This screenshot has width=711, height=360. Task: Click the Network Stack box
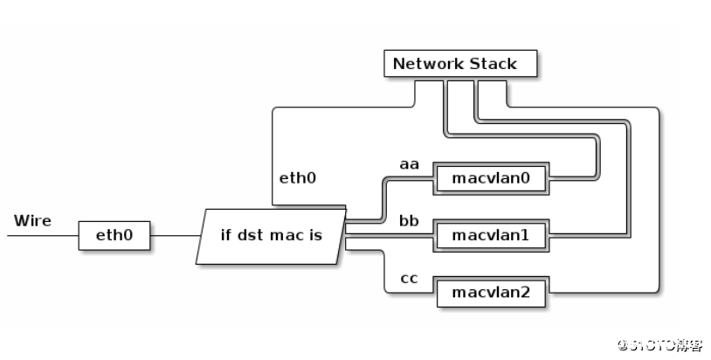tap(460, 64)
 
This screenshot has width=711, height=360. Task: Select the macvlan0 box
tap(491, 178)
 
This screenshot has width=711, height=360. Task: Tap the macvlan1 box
tap(491, 235)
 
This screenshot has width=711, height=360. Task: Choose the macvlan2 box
tap(491, 292)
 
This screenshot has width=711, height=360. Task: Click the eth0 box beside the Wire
tap(114, 235)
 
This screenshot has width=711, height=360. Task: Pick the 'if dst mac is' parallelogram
tap(272, 235)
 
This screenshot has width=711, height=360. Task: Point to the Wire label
tap(32, 220)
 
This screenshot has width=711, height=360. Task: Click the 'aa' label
tap(410, 163)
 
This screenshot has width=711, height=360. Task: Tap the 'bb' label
tap(410, 220)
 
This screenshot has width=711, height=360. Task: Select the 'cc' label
tap(410, 278)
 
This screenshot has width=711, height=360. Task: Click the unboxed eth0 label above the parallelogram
tap(297, 178)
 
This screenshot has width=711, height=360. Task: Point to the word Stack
tap(493, 64)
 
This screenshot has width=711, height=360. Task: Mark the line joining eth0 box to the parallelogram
tap(175, 235)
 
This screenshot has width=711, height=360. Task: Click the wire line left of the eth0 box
tap(44, 235)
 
